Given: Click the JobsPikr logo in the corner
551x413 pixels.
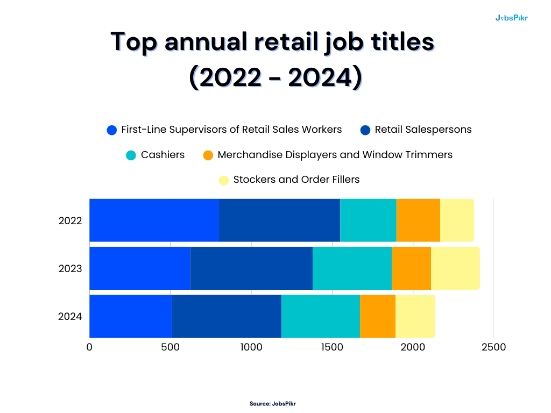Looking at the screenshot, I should pyautogui.click(x=511, y=18).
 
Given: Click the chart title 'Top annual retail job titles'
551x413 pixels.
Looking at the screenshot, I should pyautogui.click(x=272, y=42).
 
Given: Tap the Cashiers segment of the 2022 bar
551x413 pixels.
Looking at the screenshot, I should pyautogui.click(x=368, y=220).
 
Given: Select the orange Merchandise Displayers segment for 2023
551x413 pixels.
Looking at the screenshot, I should pyautogui.click(x=411, y=268).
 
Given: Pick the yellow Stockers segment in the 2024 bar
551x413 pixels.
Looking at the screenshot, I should pyautogui.click(x=415, y=316).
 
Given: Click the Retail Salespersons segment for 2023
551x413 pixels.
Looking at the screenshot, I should pyautogui.click(x=251, y=268).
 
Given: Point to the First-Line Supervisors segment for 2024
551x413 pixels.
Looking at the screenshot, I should pyautogui.click(x=130, y=316).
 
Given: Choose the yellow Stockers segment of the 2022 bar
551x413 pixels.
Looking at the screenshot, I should pyautogui.click(x=457, y=220).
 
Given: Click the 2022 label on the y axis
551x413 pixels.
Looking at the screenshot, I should pyautogui.click(x=70, y=220).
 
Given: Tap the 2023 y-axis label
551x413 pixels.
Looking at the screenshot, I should pyautogui.click(x=70, y=268).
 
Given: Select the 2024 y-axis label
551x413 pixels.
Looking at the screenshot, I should pyautogui.click(x=70, y=316).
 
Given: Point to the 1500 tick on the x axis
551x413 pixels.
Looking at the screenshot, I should pyautogui.click(x=331, y=347).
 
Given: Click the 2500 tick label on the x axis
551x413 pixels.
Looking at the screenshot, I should pyautogui.click(x=493, y=347).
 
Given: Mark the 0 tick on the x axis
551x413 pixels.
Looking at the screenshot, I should pyautogui.click(x=89, y=347).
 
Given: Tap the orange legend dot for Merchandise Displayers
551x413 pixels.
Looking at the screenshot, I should pyautogui.click(x=208, y=155).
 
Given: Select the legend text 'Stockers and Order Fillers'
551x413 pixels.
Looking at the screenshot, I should pyautogui.click(x=296, y=180).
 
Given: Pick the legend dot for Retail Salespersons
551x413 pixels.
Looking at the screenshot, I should pyautogui.click(x=365, y=130).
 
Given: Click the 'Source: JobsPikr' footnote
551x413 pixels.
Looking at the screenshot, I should pyautogui.click(x=272, y=403).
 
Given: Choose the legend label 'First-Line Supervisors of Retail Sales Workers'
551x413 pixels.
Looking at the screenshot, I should pyautogui.click(x=231, y=130).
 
